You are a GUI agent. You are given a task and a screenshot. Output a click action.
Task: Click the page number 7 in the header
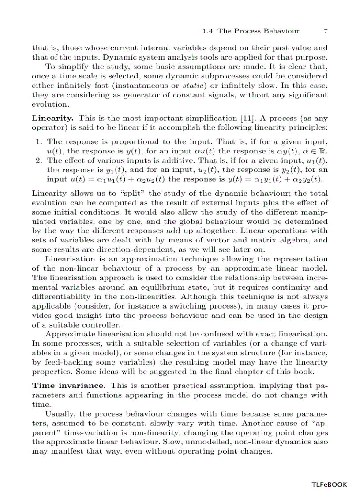click(326, 31)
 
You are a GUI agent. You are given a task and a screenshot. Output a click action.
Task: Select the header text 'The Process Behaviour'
click(259, 31)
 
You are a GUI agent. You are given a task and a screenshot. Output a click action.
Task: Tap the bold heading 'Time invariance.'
click(69, 385)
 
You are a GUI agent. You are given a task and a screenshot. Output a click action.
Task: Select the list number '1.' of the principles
click(39, 141)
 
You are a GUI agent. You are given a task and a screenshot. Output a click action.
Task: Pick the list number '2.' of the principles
click(39, 160)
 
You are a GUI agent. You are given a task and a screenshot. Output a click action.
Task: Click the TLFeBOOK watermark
click(329, 484)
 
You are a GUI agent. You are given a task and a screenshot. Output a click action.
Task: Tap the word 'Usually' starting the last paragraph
click(60, 413)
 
